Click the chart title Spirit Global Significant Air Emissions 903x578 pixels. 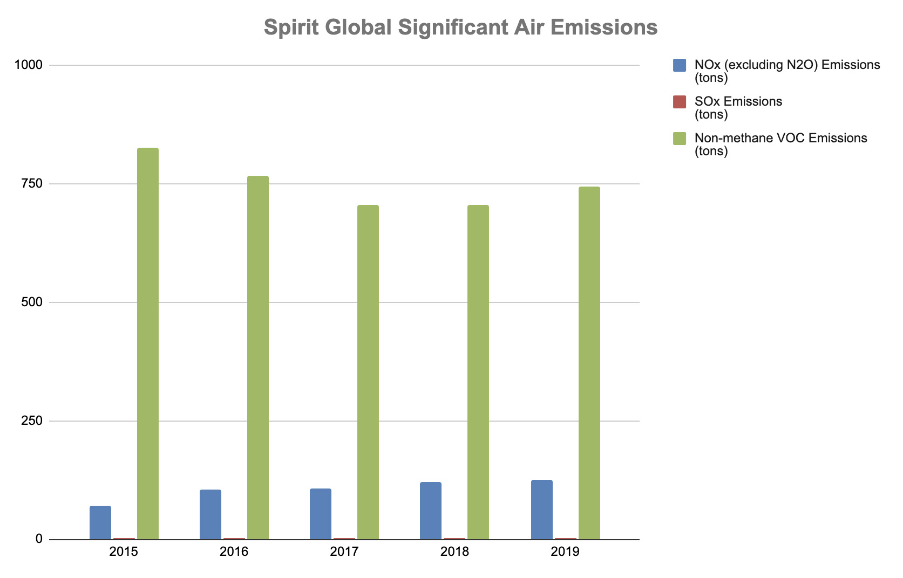[x=460, y=27]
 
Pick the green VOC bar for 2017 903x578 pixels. [x=368, y=372]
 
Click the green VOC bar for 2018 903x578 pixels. [x=478, y=372]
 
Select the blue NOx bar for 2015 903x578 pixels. [x=100, y=522]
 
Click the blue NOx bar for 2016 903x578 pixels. [x=211, y=514]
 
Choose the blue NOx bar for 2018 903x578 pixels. [x=431, y=511]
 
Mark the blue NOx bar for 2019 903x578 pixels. [x=542, y=510]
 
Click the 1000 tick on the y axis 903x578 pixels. [x=29, y=65]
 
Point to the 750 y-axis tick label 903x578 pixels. [x=32, y=184]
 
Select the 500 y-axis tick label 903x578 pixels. [x=32, y=302]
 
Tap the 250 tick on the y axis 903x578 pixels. [x=32, y=421]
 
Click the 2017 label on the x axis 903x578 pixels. [x=344, y=552]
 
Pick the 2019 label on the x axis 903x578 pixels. [x=565, y=552]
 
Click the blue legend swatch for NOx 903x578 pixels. [x=680, y=65]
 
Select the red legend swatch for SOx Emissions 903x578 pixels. [x=680, y=102]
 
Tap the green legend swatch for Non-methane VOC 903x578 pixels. [x=680, y=139]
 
